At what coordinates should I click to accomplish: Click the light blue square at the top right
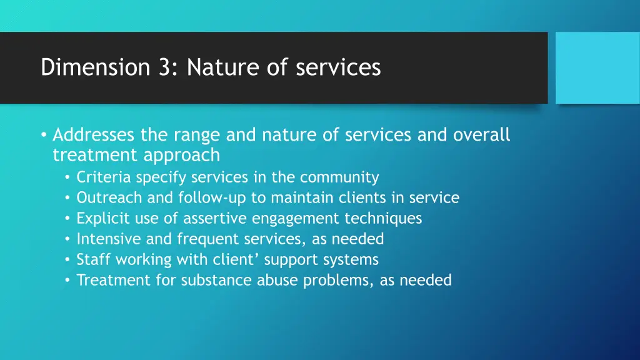[x=597, y=68]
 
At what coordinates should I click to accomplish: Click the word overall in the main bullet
[x=482, y=135]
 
